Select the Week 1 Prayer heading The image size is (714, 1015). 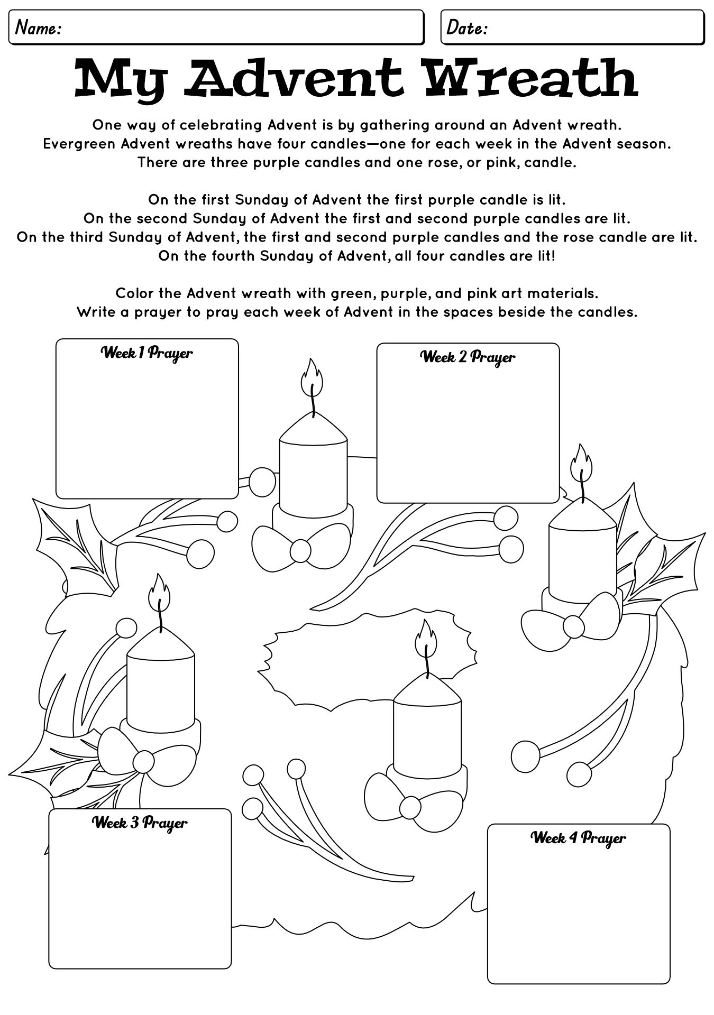(x=147, y=353)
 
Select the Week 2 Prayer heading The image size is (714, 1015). (x=468, y=357)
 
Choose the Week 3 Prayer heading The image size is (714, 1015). (x=140, y=823)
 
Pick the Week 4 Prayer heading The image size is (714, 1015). (x=578, y=838)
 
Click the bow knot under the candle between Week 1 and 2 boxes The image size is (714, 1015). (x=300, y=551)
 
